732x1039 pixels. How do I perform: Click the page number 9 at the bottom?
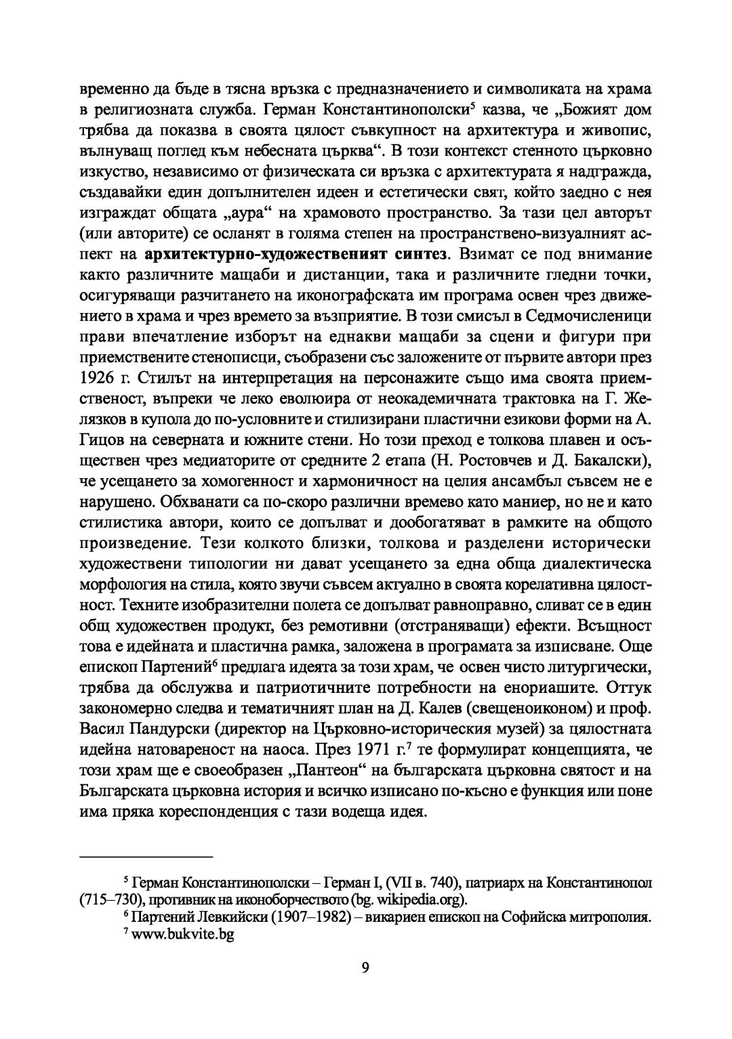tap(365, 967)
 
